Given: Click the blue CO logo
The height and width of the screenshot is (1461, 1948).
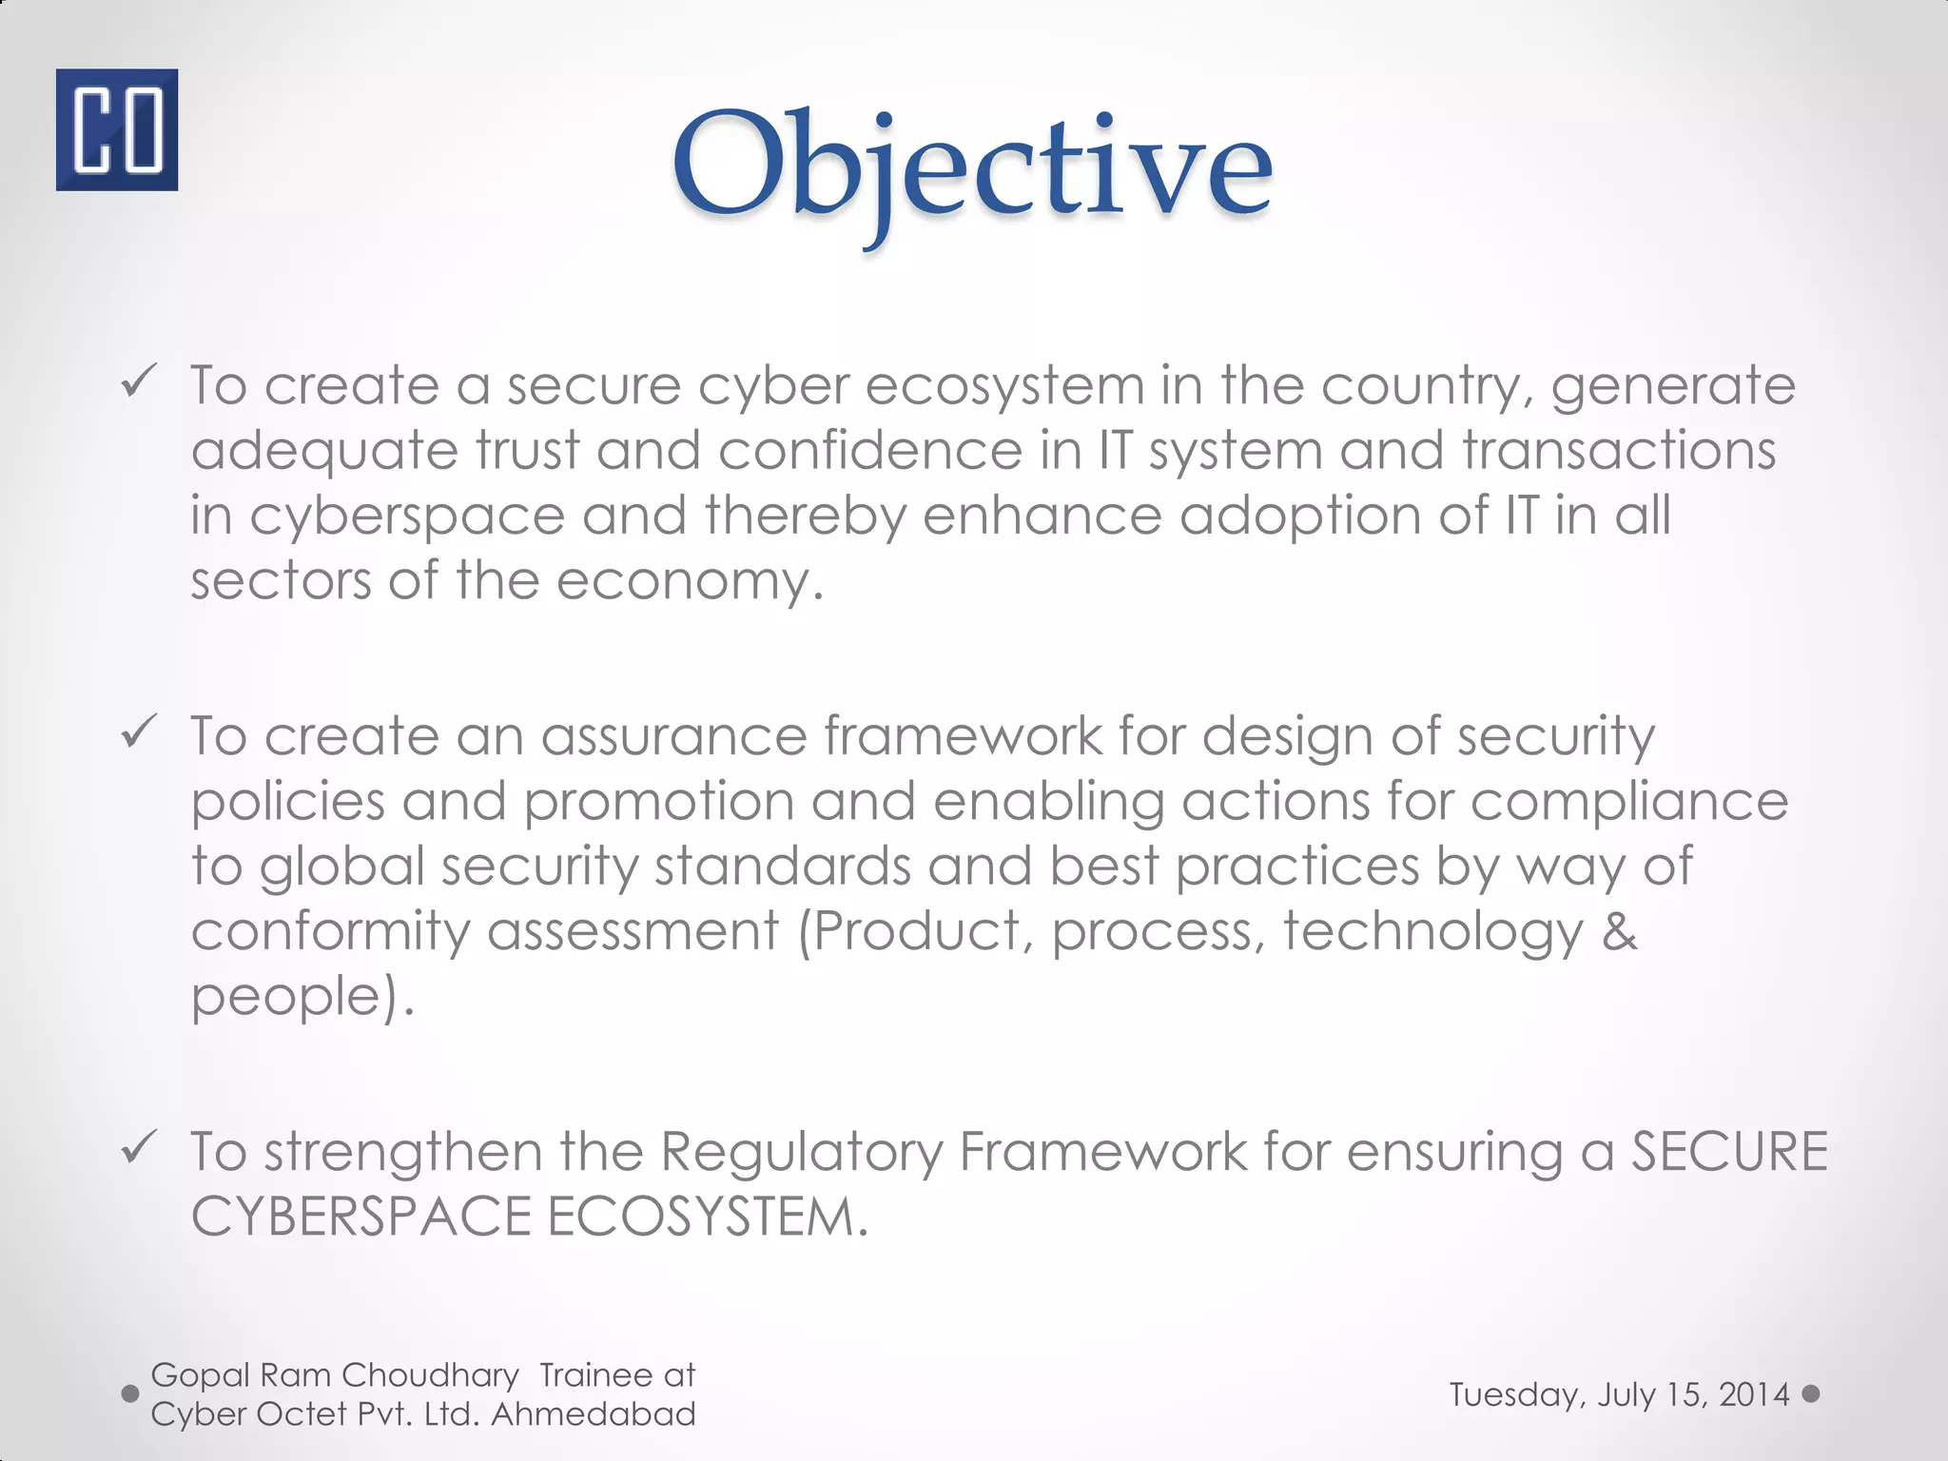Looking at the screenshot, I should click(x=116, y=129).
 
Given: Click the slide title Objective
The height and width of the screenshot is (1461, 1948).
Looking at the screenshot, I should click(x=972, y=166).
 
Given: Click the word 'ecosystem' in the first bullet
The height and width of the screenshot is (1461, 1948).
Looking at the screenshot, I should click(x=1004, y=386).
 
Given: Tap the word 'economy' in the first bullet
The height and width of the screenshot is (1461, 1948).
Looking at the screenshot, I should click(x=689, y=580).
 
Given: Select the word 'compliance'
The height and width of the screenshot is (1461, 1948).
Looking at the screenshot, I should click(x=1629, y=802).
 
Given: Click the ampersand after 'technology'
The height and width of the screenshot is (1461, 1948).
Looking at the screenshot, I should click(x=1618, y=931).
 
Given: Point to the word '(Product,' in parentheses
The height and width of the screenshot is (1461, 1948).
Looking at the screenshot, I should click(x=915, y=931).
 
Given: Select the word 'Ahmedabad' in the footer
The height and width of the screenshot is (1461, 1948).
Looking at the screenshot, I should click(x=594, y=1414).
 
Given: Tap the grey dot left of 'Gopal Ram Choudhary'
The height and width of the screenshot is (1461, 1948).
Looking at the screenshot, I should click(x=130, y=1393).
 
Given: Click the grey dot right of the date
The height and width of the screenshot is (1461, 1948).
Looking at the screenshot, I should click(x=1811, y=1393).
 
